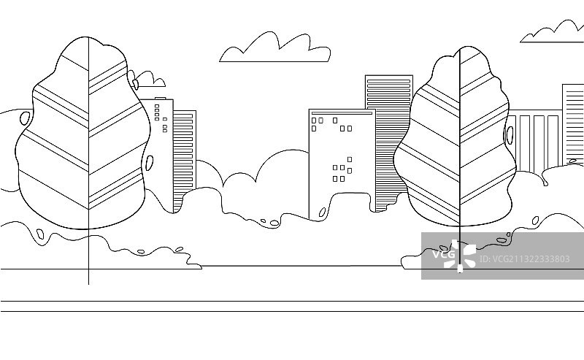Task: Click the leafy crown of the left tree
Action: (84, 139)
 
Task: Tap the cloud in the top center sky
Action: (274, 50)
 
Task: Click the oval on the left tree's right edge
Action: (150, 161)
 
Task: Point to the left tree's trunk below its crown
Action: (88, 256)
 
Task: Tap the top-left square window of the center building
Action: (314, 120)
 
